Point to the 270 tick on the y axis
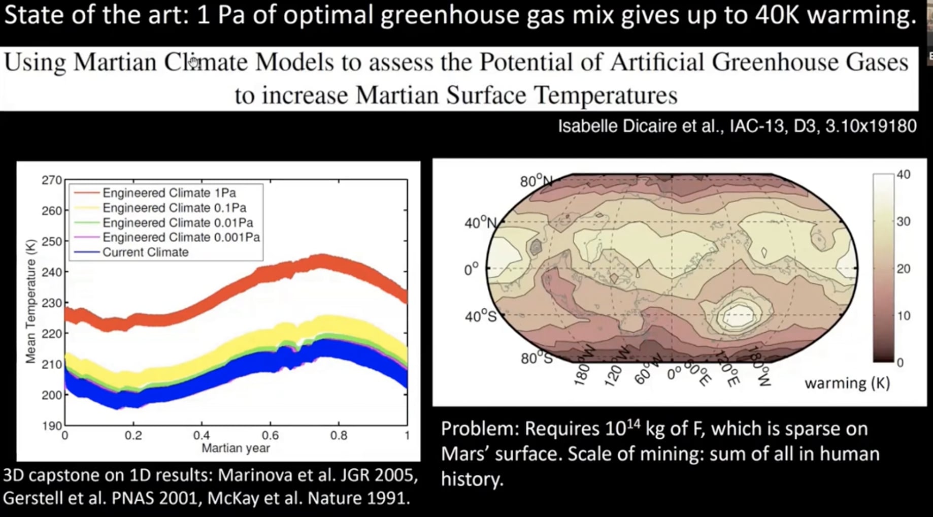[x=51, y=180]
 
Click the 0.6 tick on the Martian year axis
[x=270, y=436]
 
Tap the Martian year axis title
[x=236, y=448]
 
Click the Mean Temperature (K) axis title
[x=31, y=301]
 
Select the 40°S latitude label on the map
[x=480, y=317]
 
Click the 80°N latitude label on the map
[x=535, y=181]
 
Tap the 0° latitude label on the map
[x=471, y=269]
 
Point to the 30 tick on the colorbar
[x=903, y=221]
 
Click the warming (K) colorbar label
[x=847, y=383]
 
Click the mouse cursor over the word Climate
[x=193, y=62]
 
